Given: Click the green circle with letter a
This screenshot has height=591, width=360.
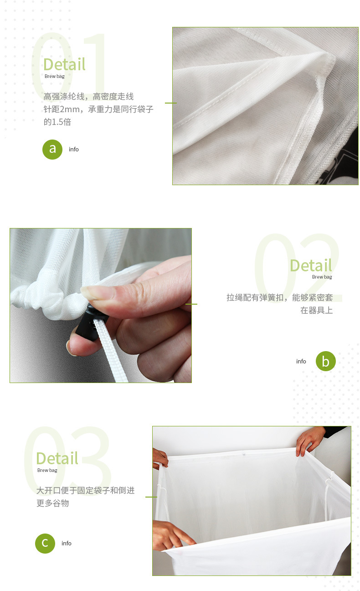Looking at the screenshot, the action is pyautogui.click(x=52, y=149).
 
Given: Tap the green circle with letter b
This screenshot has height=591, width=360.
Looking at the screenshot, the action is pyautogui.click(x=326, y=361).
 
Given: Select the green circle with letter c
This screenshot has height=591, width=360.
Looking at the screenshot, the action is pyautogui.click(x=45, y=543).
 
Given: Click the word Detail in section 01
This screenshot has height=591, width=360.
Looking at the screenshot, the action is pyautogui.click(x=64, y=64).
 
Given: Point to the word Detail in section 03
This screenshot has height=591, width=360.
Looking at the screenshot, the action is pyautogui.click(x=57, y=458).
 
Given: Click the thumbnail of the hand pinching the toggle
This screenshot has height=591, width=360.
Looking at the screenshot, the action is pyautogui.click(x=101, y=305).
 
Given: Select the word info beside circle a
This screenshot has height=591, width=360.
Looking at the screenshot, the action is pyautogui.click(x=73, y=149).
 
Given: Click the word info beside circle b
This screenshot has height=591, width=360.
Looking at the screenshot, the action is pyautogui.click(x=301, y=361).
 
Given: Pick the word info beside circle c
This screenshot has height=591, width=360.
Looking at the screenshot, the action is pyautogui.click(x=67, y=543).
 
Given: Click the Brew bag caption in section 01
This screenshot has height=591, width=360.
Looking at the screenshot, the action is pyautogui.click(x=55, y=76).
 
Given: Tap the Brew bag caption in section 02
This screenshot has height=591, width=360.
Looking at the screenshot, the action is pyautogui.click(x=322, y=277).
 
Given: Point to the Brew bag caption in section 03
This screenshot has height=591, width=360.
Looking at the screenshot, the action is pyautogui.click(x=47, y=470).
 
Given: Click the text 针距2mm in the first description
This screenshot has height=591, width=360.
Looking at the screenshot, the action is pyautogui.click(x=62, y=109).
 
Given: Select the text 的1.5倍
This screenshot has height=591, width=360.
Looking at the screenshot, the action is pyautogui.click(x=57, y=122).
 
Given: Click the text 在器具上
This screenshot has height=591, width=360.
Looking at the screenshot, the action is pyautogui.click(x=317, y=310).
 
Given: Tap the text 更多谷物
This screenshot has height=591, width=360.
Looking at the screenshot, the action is pyautogui.click(x=52, y=503).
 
